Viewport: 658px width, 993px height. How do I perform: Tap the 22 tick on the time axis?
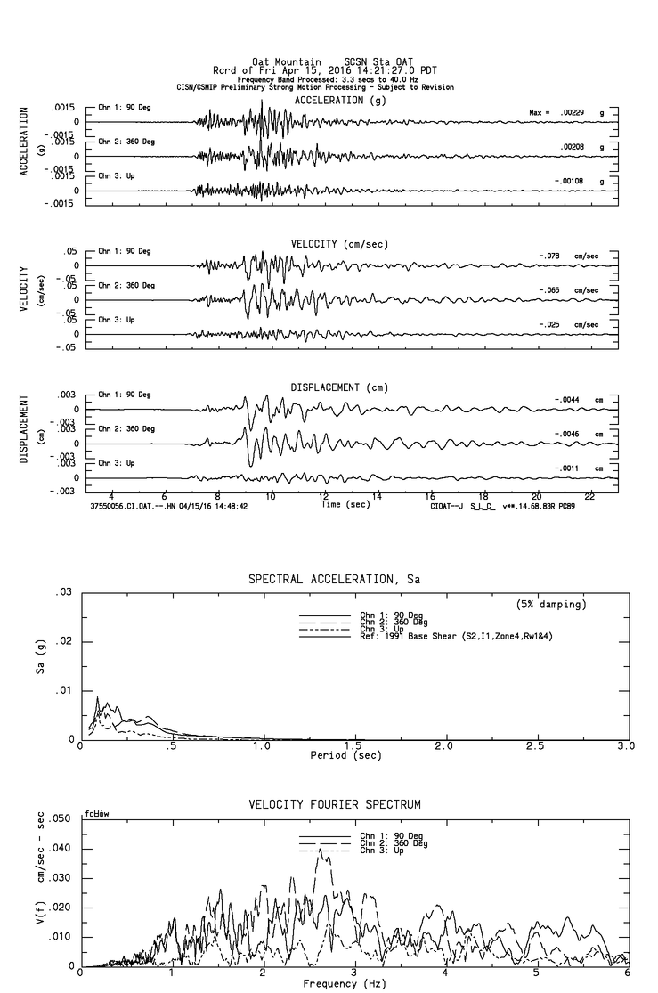tap(589, 494)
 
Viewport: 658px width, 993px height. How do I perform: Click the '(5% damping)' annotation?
tap(551, 605)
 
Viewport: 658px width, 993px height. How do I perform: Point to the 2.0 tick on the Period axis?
tap(443, 745)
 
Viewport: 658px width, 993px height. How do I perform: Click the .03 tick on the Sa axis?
tap(63, 593)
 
